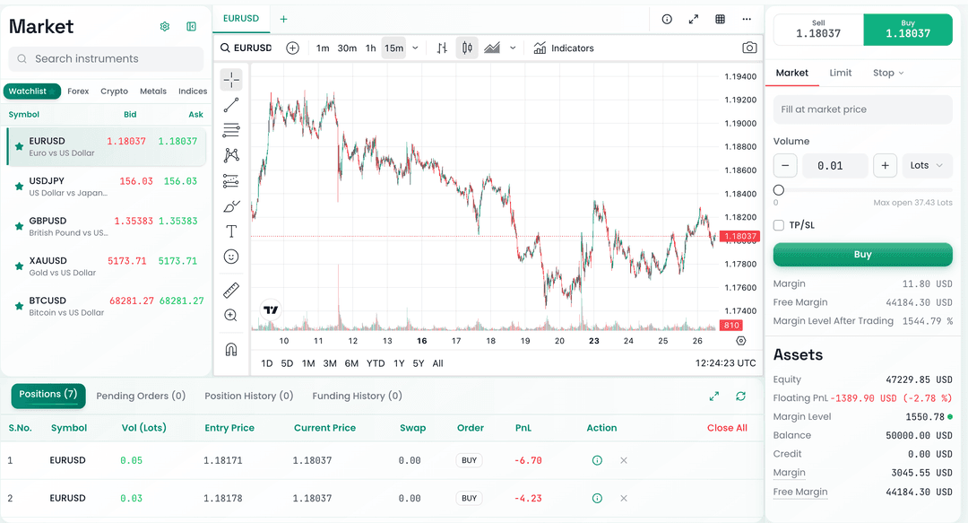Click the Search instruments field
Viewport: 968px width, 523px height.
pyautogui.click(x=106, y=59)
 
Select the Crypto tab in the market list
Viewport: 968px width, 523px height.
pyautogui.click(x=114, y=92)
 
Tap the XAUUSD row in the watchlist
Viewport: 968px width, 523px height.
pyautogui.click(x=106, y=266)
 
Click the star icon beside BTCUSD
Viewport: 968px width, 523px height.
pyautogui.click(x=19, y=306)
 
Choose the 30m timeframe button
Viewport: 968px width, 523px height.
pyautogui.click(x=347, y=48)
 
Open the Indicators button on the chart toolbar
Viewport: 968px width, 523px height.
pyautogui.click(x=564, y=48)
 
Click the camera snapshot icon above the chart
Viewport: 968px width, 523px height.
pyautogui.click(x=749, y=48)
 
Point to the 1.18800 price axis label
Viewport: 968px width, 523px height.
pyautogui.click(x=739, y=147)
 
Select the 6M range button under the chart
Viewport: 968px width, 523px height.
pyautogui.click(x=351, y=363)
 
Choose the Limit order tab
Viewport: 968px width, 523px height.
pyautogui.click(x=840, y=73)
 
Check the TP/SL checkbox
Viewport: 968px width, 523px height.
pyautogui.click(x=779, y=225)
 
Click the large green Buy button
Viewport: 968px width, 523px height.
pyautogui.click(x=862, y=255)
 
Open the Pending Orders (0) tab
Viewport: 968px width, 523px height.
pyautogui.click(x=141, y=396)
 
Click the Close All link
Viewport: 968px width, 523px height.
pyautogui.click(x=727, y=428)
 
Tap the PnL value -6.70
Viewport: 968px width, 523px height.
pyautogui.click(x=528, y=460)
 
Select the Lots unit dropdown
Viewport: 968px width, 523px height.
pyautogui.click(x=927, y=165)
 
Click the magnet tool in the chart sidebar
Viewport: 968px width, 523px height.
pyautogui.click(x=231, y=349)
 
